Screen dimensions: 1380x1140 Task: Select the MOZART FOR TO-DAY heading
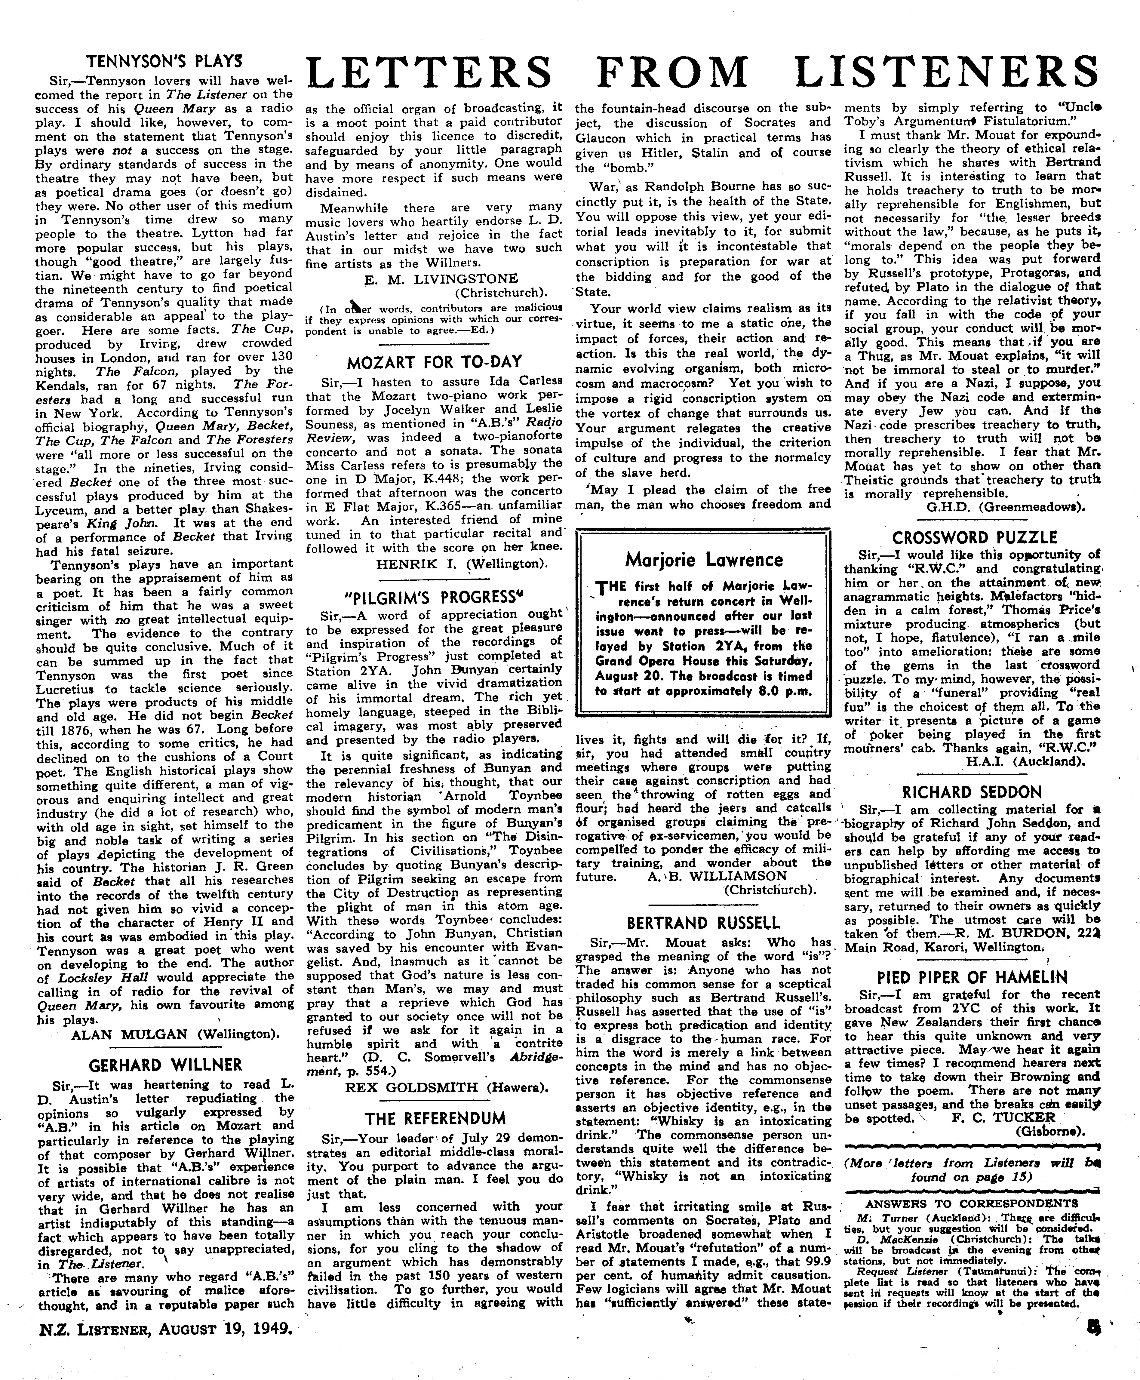tap(434, 362)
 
